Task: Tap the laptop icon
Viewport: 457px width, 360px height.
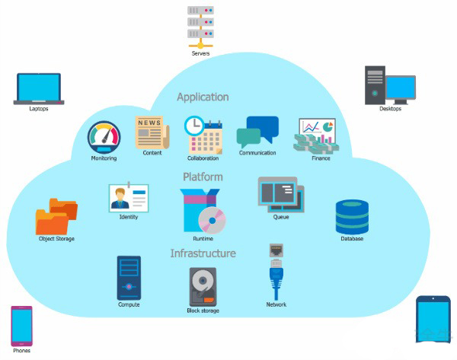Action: pyautogui.click(x=39, y=88)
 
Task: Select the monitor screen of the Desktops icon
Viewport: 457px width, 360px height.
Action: pyautogui.click(x=401, y=88)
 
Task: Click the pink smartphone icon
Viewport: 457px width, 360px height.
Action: pyautogui.click(x=21, y=326)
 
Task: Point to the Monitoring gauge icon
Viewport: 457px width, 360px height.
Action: pyautogui.click(x=104, y=137)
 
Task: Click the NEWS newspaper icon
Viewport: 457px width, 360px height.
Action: pyautogui.click(x=152, y=132)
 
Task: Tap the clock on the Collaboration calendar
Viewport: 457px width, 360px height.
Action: pyautogui.click(x=194, y=126)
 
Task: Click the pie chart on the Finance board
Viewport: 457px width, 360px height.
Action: pyautogui.click(x=328, y=126)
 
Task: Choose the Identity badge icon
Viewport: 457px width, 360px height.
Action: pyautogui.click(x=129, y=198)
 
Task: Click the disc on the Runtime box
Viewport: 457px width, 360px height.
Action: pyautogui.click(x=213, y=221)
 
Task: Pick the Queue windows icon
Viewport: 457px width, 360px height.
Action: pyautogui.click(x=281, y=195)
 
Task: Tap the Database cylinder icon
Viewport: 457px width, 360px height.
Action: pyautogui.click(x=352, y=217)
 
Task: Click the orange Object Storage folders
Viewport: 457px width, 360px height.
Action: pyautogui.click(x=56, y=216)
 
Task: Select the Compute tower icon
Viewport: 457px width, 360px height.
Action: pyautogui.click(x=129, y=278)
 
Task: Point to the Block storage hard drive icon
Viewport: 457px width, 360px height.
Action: pyautogui.click(x=203, y=287)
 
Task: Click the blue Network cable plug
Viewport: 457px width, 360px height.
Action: pyautogui.click(x=276, y=277)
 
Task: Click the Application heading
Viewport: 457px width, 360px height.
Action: pyautogui.click(x=203, y=97)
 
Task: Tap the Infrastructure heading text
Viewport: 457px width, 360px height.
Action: pyautogui.click(x=203, y=253)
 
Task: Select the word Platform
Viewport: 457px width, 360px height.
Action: pyautogui.click(x=203, y=177)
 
